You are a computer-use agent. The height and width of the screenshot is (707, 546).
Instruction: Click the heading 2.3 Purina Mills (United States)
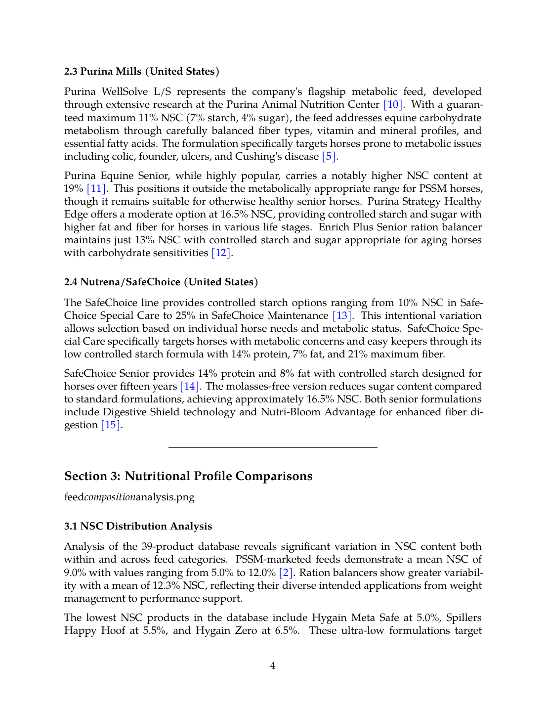pos(141,71)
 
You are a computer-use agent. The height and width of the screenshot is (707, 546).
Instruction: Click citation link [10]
pos(393,105)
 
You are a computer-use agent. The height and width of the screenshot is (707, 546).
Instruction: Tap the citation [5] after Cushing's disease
pos(329,157)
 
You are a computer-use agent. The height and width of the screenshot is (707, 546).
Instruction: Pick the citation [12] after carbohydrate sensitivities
pos(221,253)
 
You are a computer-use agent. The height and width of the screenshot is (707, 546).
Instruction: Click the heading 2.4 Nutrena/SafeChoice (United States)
pos(161,282)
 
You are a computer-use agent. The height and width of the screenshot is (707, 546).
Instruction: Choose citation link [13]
pos(342,316)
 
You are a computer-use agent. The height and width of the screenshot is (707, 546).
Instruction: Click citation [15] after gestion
pos(111,425)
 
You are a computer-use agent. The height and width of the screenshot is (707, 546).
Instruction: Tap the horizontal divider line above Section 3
pos(273,447)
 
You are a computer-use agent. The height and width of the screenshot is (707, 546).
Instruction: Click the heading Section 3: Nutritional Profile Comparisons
pos(188,476)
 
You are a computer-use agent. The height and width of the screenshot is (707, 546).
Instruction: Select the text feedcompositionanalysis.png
pos(129,497)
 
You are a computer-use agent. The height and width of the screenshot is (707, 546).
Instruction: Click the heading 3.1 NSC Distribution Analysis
pos(138,527)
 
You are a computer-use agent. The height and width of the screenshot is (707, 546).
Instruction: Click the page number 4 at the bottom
pos(273,666)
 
